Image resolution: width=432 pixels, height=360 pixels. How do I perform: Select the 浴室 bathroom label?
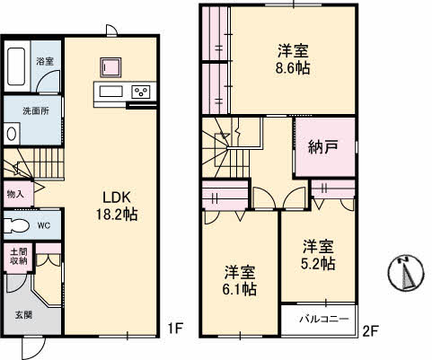coord(44,61)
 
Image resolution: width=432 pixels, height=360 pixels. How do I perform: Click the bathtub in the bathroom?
coord(17,65)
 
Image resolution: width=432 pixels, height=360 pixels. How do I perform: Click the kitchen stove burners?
coord(141,92)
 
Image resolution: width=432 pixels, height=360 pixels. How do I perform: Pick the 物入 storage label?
coord(15,194)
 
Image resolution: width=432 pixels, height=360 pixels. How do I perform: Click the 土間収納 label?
coord(18,257)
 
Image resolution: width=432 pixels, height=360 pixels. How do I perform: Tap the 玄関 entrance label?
coord(22,314)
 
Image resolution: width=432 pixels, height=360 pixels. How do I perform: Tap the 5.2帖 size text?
coord(318,263)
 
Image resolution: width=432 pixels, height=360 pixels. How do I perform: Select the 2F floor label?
coord(369,330)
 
